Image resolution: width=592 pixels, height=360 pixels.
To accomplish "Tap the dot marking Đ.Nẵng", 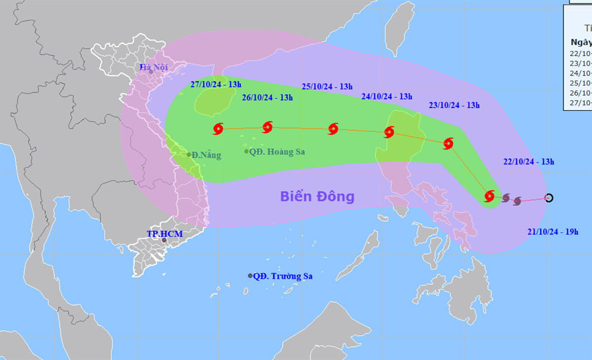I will [x=189, y=155].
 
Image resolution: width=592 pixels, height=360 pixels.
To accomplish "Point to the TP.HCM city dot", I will [x=164, y=240].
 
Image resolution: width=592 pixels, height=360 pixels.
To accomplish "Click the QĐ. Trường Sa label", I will [x=283, y=277].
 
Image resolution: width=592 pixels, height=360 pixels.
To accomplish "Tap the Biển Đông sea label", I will [x=317, y=196].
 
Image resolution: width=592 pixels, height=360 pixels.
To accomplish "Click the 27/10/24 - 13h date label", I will [x=216, y=84].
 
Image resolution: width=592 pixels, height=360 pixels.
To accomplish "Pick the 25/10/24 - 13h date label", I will [x=327, y=87].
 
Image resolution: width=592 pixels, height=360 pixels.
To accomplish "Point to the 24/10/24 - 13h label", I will [x=387, y=97].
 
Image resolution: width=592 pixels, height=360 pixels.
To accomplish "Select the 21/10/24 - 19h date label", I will [x=552, y=232].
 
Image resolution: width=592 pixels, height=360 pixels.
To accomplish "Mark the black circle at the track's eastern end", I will [x=549, y=198].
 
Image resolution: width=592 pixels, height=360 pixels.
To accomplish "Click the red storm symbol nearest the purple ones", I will [x=489, y=196].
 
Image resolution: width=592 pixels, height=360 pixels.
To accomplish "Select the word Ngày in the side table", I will [x=581, y=42].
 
